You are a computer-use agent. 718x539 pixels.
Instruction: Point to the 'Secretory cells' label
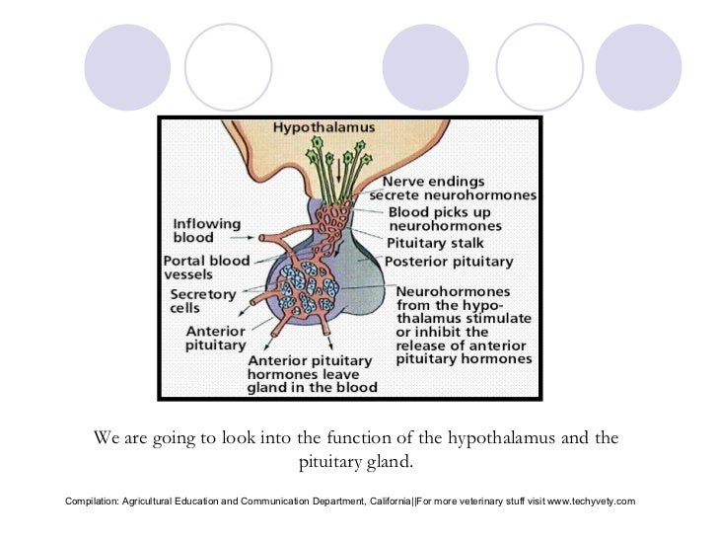[203, 301]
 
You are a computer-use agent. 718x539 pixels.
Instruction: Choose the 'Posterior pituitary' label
[449, 262]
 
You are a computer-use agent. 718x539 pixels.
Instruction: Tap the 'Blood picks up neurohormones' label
[447, 218]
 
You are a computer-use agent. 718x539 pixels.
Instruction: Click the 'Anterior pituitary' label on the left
[215, 338]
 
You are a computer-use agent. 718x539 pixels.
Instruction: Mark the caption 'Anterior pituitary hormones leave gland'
[313, 374]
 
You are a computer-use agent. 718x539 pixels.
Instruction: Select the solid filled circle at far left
[127, 67]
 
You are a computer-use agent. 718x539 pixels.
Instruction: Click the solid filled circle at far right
[638, 67]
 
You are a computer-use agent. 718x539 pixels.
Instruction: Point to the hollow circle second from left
[227, 67]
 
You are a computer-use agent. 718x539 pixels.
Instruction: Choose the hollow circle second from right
[538, 67]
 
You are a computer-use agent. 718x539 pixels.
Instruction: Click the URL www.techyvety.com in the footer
[591, 501]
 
